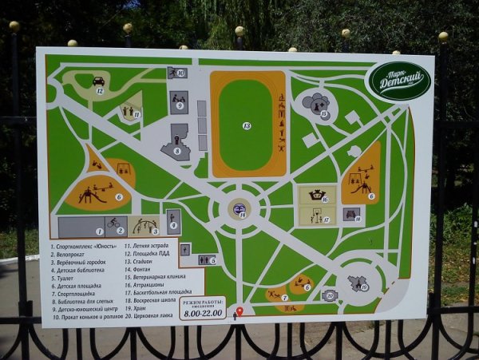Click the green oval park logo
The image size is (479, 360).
400,81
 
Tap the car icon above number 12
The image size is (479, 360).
98,81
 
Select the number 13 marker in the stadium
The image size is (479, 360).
247,125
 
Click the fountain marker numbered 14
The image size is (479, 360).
239,209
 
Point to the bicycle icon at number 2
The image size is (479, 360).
113,223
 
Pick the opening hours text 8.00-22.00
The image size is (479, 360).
201,314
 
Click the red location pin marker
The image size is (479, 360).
239,311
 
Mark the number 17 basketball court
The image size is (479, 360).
317,216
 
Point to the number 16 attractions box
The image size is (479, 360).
317,195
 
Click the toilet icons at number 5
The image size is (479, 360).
206,259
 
